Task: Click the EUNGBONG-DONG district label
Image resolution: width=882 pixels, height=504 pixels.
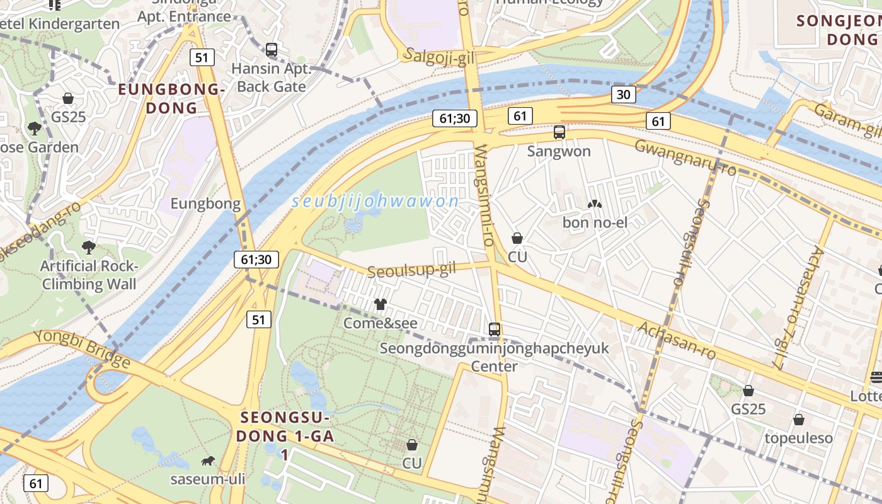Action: tap(171, 98)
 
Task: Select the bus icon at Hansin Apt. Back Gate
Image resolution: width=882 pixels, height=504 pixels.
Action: tap(272, 49)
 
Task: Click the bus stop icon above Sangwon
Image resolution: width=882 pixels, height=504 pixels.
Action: tap(559, 132)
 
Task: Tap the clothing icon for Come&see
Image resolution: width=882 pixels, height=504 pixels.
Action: tap(380, 304)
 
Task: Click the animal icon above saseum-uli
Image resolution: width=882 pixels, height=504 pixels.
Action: tap(207, 461)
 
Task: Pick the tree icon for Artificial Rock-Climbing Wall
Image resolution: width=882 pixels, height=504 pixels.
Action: tap(89, 247)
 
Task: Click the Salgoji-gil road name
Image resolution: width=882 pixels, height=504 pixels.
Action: tap(440, 56)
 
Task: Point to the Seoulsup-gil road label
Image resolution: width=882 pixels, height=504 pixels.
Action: tap(411, 270)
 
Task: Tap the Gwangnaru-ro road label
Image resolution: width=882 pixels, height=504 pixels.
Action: tap(685, 157)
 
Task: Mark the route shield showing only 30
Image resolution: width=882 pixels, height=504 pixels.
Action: tap(622, 94)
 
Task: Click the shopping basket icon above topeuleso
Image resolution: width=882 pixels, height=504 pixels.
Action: tap(798, 420)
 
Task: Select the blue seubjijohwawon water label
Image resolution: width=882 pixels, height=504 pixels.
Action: tap(375, 202)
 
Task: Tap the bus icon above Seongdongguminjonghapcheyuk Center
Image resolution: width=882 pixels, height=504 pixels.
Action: tap(495, 329)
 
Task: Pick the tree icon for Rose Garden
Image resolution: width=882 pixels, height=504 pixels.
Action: tap(35, 129)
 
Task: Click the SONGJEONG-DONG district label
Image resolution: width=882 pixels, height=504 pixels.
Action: tap(838, 30)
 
